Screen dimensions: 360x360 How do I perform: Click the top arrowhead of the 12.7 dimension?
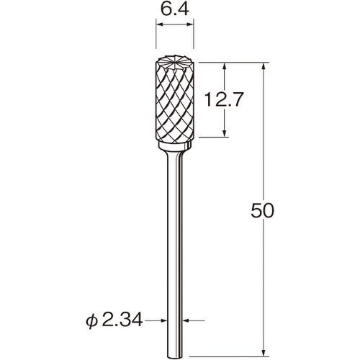pyautogui.click(x=227, y=66)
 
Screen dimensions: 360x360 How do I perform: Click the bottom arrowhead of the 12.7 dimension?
pyautogui.click(x=227, y=133)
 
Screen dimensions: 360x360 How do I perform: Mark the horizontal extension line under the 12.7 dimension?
pyautogui.click(x=216, y=137)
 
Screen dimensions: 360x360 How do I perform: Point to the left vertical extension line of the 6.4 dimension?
pyautogui.click(x=156, y=40)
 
